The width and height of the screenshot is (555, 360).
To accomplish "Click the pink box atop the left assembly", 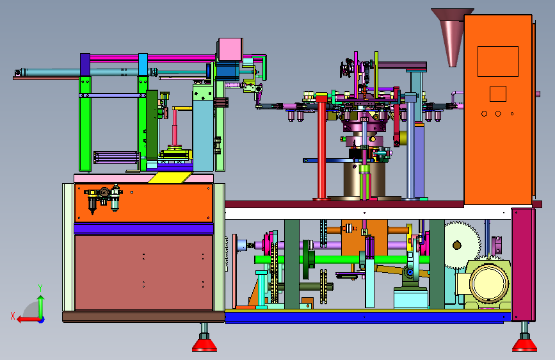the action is [x=230, y=49].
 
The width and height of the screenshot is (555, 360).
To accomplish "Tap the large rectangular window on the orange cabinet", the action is [x=497, y=61].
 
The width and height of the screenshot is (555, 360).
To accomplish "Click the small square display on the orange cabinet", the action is [x=497, y=94].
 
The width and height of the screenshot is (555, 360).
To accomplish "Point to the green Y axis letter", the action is [x=40, y=288].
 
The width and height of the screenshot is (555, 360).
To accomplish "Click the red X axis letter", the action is [x=13, y=316].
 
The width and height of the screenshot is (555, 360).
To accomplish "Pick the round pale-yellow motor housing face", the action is [x=489, y=284].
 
